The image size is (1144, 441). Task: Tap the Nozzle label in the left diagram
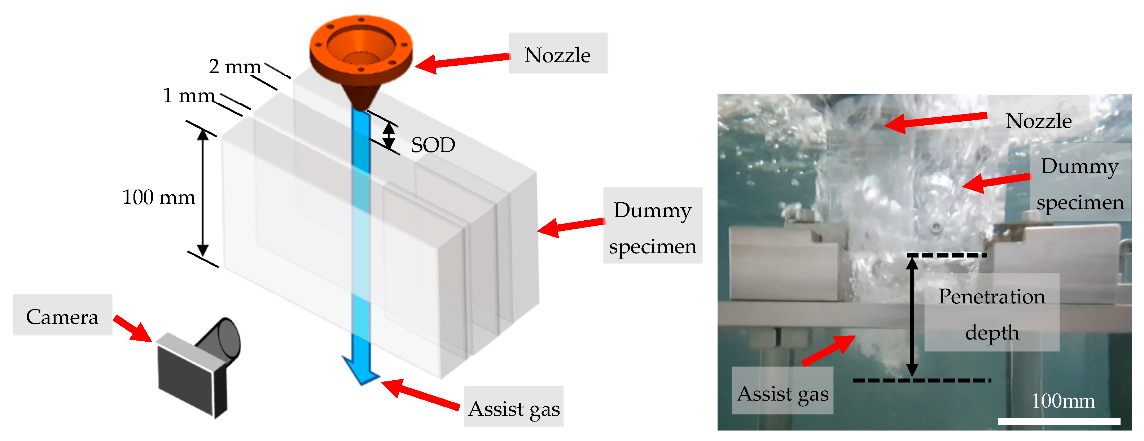coord(557,54)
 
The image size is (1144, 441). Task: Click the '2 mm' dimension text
coord(235,67)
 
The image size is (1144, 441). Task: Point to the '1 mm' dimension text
coord(189,95)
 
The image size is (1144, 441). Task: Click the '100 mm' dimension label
coord(158,197)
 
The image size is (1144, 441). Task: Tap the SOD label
coord(433,145)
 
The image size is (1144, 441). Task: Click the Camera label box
coord(62,316)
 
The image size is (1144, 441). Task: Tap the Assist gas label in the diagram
coord(514,408)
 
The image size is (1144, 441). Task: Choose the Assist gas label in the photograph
coord(783,393)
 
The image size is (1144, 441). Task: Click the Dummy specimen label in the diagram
coord(652,227)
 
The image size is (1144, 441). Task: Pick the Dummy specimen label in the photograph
coord(1080,183)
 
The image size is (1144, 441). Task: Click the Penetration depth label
coord(992,314)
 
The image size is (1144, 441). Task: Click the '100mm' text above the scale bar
coord(1063,401)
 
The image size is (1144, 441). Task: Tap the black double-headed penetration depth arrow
coord(912,316)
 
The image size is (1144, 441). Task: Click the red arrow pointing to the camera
coord(132,329)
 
